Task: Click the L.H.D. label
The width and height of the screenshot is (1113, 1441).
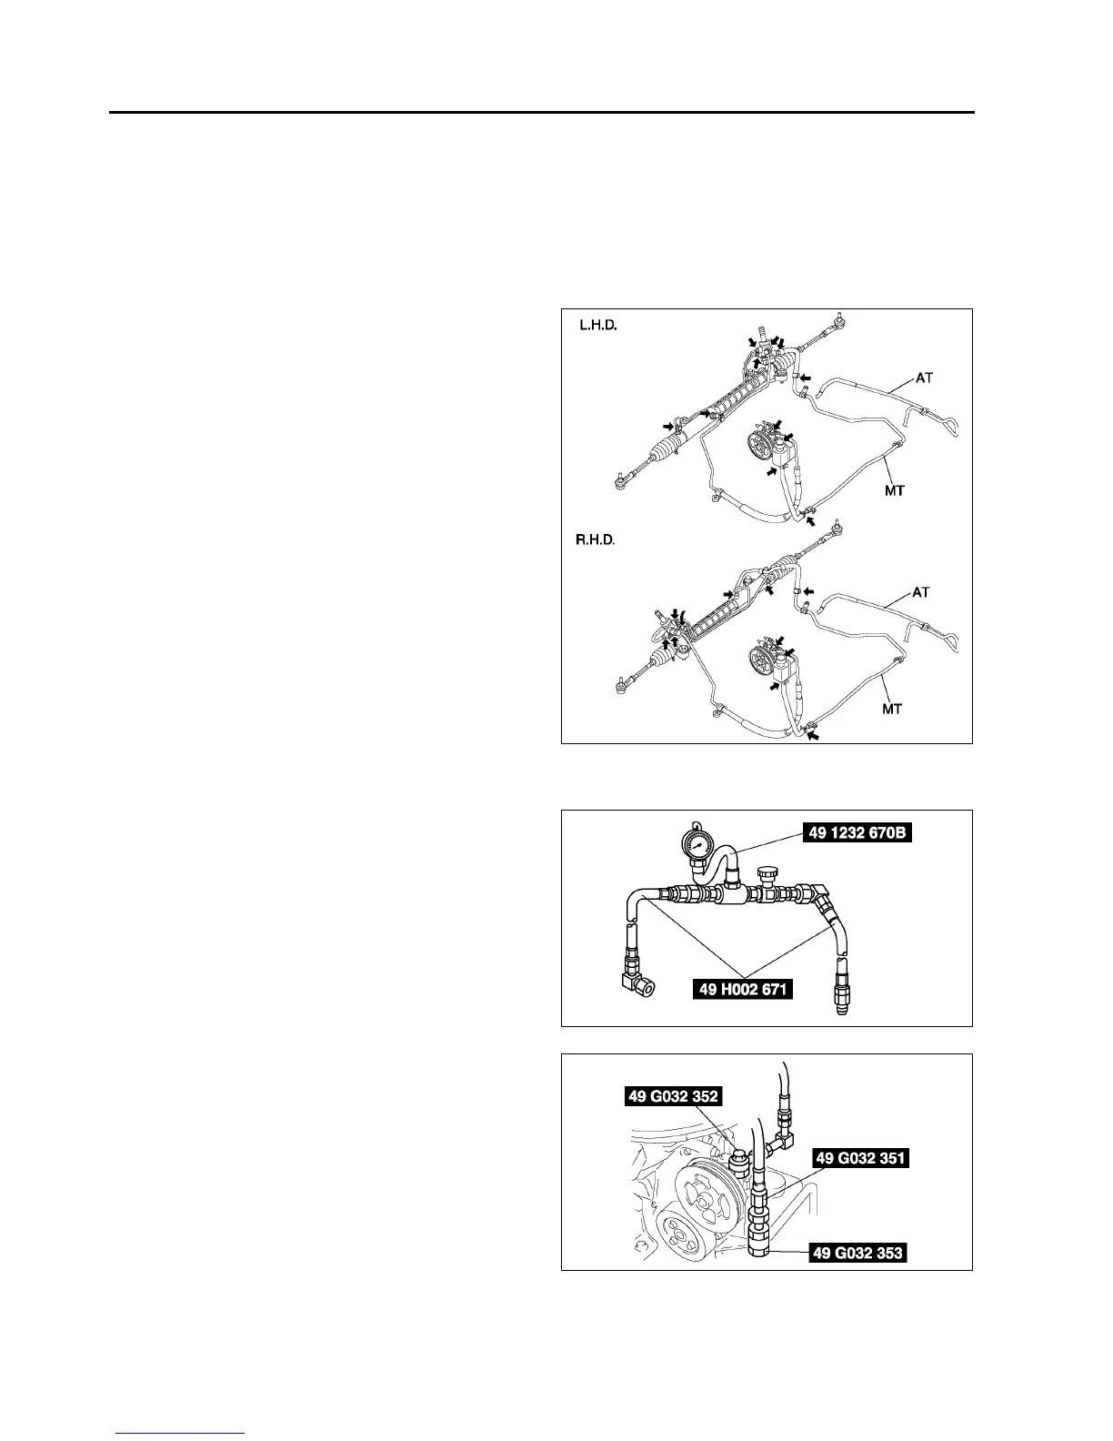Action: point(598,325)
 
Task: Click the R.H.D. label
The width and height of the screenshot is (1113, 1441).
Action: point(596,540)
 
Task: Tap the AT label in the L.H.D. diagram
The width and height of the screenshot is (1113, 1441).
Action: point(924,377)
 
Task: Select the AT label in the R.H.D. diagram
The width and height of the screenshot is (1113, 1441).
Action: point(921,592)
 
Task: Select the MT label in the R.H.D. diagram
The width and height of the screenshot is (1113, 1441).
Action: point(892,708)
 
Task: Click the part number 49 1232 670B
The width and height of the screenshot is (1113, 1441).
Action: point(857,831)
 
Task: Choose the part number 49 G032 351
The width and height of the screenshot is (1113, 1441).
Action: point(860,1158)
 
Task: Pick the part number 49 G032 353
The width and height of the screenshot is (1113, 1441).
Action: point(857,1253)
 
